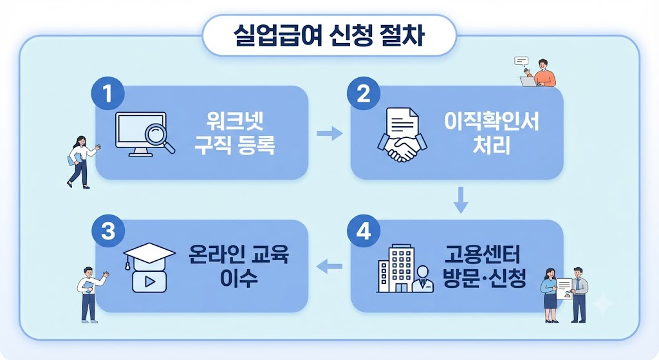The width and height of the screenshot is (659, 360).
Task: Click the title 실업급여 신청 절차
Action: pyautogui.click(x=329, y=35)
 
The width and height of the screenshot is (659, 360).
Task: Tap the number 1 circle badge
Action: pyautogui.click(x=108, y=93)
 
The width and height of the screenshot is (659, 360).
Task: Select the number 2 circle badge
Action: pyautogui.click(x=364, y=93)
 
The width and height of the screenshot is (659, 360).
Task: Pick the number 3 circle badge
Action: pyautogui.click(x=108, y=231)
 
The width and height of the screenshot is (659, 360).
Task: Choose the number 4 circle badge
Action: pyautogui.click(x=364, y=231)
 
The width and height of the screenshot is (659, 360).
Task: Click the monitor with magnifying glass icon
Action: pyautogui.click(x=145, y=134)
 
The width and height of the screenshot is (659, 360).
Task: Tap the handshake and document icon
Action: pyautogui.click(x=402, y=135)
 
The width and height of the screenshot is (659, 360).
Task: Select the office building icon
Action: pyautogui.click(x=404, y=269)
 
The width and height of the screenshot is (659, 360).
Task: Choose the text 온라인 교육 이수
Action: pyautogui.click(x=239, y=266)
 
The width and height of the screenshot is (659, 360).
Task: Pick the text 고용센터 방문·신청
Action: pyautogui.click(x=484, y=266)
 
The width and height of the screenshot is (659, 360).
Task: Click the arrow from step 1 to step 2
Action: pyautogui.click(x=329, y=134)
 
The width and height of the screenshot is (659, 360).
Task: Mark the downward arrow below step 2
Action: pyautogui.click(x=461, y=200)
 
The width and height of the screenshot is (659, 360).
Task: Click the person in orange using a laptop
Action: pyautogui.click(x=539, y=73)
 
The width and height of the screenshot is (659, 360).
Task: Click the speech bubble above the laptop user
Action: pyautogui.click(x=521, y=62)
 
